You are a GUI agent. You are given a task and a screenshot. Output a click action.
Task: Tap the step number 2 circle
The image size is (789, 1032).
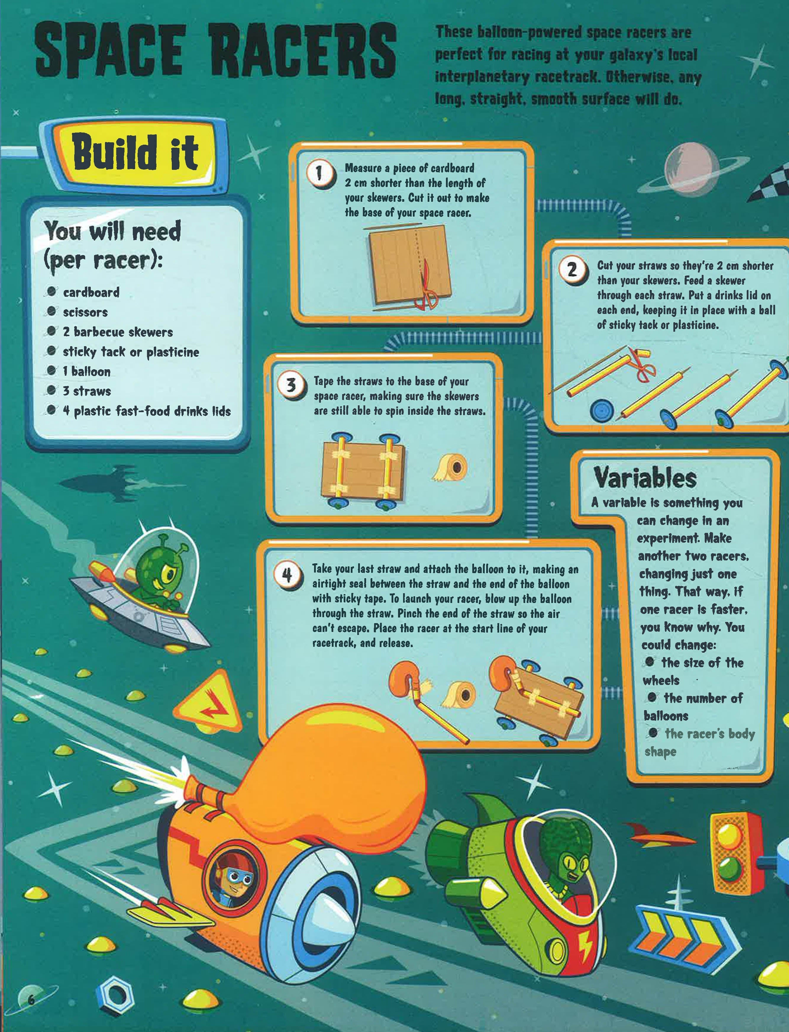[x=572, y=270]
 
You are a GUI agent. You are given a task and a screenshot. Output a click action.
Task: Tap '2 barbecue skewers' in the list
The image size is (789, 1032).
[x=117, y=332]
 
